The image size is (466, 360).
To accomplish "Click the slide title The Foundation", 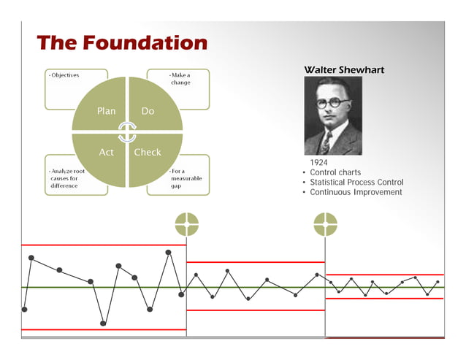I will [122, 42].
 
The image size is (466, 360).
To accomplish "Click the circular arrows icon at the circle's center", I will [127, 132].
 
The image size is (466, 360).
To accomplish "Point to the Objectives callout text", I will [65, 75].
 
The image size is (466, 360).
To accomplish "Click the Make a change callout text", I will [180, 79].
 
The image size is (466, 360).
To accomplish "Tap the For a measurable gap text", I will [186, 178].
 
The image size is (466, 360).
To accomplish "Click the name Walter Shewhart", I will [343, 69].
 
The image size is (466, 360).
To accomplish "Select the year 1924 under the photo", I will [318, 162].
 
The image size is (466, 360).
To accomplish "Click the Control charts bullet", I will [335, 172].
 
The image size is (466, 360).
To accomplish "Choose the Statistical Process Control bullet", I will [356, 183].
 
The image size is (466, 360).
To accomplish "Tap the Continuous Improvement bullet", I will [356, 193].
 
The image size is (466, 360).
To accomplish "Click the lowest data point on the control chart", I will [103, 323].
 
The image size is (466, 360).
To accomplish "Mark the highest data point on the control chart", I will [169, 252].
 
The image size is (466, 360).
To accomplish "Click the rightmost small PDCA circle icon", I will [325, 224].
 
